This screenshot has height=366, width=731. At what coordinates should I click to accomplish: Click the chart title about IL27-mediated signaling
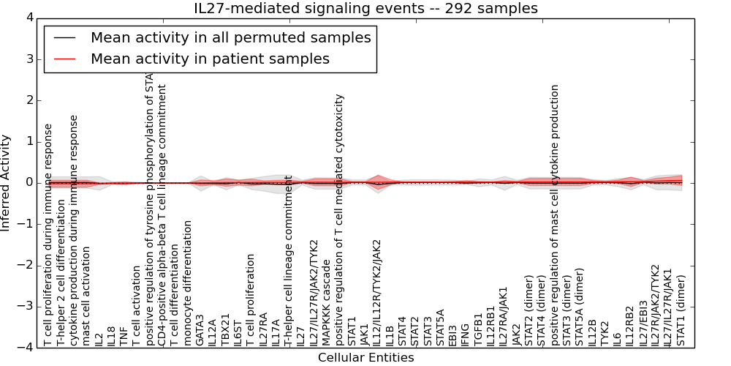point(365,8)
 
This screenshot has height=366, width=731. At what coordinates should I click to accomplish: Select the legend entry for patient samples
point(210,59)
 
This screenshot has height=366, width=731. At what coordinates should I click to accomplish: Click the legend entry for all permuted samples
point(230,37)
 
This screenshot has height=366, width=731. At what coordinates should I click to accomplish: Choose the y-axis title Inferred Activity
point(7,182)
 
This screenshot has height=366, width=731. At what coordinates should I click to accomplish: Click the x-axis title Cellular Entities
point(365,357)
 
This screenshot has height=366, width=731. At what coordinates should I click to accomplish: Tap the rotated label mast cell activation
point(86,295)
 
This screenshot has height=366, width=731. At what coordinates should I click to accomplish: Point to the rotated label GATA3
point(200,332)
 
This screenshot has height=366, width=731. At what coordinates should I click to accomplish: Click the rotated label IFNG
point(465,334)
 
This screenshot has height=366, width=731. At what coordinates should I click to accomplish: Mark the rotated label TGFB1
point(478,330)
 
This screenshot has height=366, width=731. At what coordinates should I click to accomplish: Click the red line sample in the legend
point(63,59)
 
